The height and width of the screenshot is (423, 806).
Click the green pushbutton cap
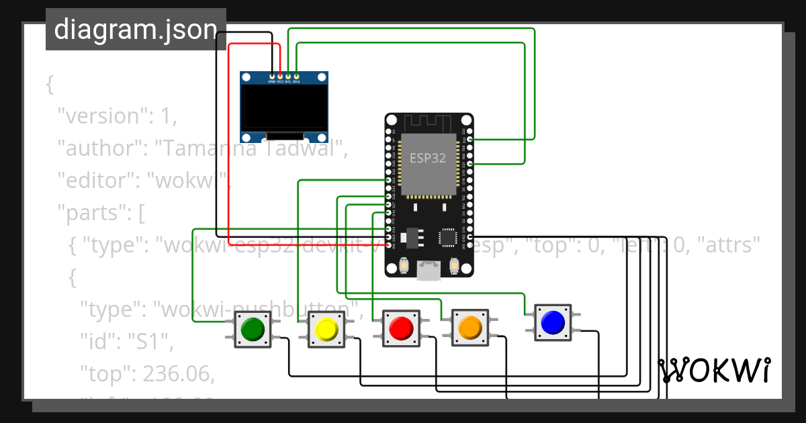[253, 329]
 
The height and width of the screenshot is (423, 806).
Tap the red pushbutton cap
[401, 328]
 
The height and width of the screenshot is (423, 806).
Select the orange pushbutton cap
[469, 328]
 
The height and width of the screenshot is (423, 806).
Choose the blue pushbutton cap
[552, 323]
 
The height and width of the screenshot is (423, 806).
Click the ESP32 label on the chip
[428, 158]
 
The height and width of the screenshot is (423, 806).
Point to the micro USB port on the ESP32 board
[428, 271]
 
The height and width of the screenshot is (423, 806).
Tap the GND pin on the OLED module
[271, 75]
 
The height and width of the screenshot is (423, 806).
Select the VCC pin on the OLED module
[280, 75]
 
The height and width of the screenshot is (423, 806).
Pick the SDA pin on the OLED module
[296, 75]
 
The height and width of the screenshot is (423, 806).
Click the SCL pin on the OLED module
[288, 75]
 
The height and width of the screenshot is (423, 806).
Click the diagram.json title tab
[136, 30]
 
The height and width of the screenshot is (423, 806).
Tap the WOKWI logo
[713, 371]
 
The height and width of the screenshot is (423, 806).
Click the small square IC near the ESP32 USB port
[448, 238]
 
